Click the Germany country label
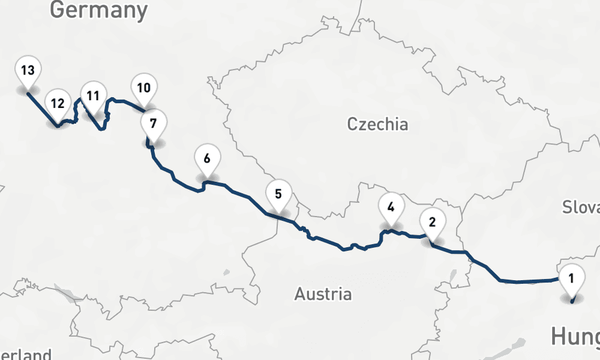coord(99,10)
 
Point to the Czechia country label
coord(377,125)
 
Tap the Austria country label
coord(323,295)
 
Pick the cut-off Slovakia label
coord(581,208)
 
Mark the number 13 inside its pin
coord(27,70)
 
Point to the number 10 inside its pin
coord(143,88)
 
